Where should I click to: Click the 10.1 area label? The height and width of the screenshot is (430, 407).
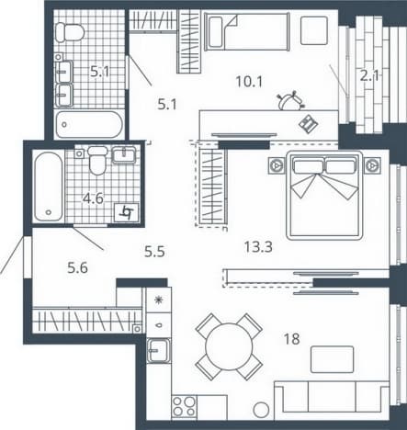[x=249, y=82]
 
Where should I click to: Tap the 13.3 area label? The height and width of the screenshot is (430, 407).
[x=258, y=246]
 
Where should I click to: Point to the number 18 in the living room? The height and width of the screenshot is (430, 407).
[x=291, y=339]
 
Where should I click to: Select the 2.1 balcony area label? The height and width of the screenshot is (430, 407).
[x=369, y=75]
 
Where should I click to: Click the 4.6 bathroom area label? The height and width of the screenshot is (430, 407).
[x=93, y=198]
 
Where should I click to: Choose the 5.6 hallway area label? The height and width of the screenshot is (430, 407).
[x=77, y=268]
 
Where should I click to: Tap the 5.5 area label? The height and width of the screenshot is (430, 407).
[x=154, y=252]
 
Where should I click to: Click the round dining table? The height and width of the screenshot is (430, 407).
[x=229, y=346]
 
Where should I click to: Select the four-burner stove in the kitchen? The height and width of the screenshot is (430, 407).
[x=184, y=406]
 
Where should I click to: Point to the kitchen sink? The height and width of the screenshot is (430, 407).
[x=158, y=350]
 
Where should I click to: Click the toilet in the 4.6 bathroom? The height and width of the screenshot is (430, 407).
[x=97, y=160]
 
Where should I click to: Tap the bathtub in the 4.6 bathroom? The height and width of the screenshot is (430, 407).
[x=49, y=187]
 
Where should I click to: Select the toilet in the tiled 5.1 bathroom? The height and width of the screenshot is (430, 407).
[x=70, y=32]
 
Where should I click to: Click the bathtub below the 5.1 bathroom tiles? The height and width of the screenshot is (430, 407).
[x=89, y=124]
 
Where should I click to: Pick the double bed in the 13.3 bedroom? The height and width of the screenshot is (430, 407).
[x=324, y=196]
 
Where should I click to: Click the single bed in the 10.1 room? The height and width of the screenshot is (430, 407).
[x=247, y=31]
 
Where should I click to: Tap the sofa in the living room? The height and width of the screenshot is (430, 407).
[x=332, y=400]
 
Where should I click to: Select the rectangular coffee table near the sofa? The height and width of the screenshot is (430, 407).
[x=333, y=359]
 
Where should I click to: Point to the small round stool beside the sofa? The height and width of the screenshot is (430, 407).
[x=261, y=409]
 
